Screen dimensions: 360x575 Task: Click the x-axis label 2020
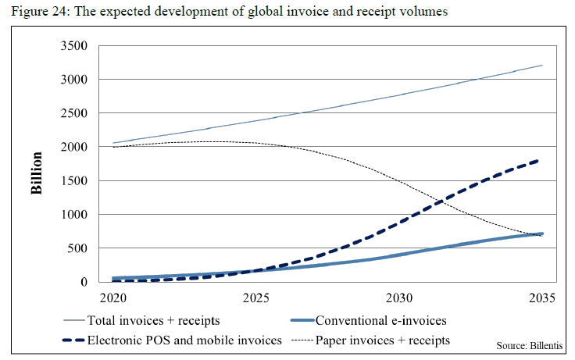[112, 298]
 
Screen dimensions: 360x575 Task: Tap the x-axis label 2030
[399, 298]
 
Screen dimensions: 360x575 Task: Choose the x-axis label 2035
[542, 298]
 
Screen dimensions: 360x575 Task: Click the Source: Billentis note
[534, 345]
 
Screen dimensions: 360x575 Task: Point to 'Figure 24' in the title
[34, 12]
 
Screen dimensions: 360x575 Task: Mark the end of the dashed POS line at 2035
[542, 160]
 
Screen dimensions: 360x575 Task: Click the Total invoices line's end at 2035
[542, 66]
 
